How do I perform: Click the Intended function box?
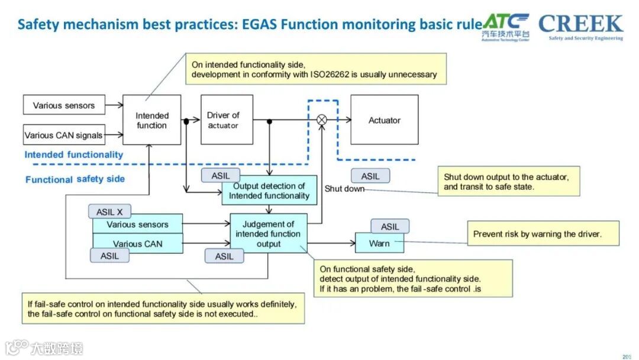(151, 120)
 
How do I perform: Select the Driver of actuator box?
(227, 120)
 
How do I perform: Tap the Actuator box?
(385, 120)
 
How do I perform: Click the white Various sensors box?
(64, 105)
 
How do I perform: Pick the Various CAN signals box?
(63, 135)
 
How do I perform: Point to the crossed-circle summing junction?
(322, 120)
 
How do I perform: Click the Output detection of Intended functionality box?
(269, 191)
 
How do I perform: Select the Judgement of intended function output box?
(269, 233)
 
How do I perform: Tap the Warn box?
(379, 243)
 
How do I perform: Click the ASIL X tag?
(109, 211)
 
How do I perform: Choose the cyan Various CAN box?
(138, 243)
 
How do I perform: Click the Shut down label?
(344, 189)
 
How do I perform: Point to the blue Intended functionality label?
(74, 155)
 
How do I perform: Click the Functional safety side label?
(75, 179)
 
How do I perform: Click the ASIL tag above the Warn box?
(390, 227)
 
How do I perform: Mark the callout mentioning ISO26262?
(314, 70)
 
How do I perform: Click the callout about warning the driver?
(543, 234)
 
